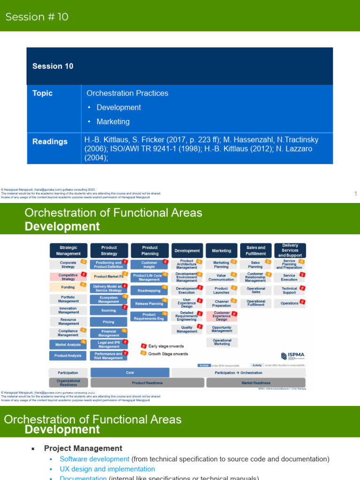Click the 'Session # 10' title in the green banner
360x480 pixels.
click(x=37, y=17)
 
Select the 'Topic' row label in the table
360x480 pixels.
click(x=42, y=93)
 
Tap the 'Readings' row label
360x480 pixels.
click(x=50, y=142)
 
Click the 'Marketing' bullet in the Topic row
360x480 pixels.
click(x=113, y=121)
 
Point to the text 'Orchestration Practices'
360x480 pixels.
click(x=126, y=93)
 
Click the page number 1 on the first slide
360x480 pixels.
click(x=355, y=194)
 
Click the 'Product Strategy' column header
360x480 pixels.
click(x=109, y=250)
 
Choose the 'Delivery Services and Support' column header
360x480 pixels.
click(x=290, y=250)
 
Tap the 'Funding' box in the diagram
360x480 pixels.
click(x=68, y=287)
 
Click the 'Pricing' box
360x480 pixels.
click(x=109, y=322)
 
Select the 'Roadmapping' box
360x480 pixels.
click(x=149, y=291)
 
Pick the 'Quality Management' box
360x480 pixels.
click(x=187, y=330)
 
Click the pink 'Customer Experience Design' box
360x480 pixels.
click(x=222, y=316)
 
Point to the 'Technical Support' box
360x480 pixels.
click(x=289, y=291)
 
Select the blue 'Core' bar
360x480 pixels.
click(x=130, y=373)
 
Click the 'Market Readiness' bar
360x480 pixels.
click(x=255, y=383)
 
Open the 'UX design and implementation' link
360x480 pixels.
click(x=107, y=469)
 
